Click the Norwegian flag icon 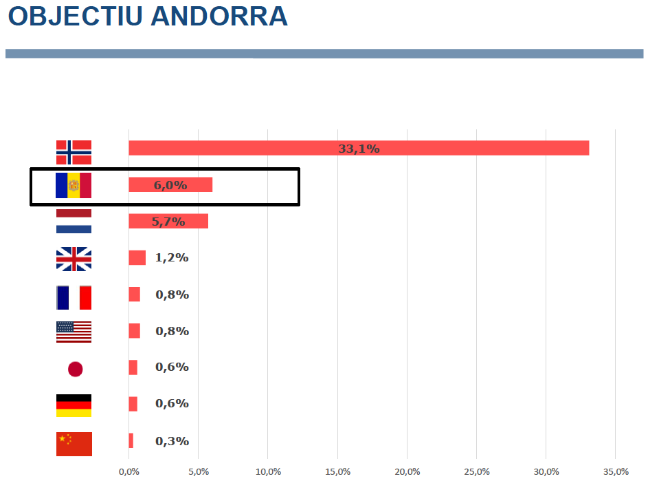pos(74,152)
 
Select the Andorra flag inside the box pos(74,185)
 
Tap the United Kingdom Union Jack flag pos(74,259)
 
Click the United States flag pos(74,332)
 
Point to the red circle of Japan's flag pos(75,370)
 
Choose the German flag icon pos(74,405)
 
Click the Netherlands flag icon pos(74,222)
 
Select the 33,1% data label pos(359,149)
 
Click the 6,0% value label pos(170,185)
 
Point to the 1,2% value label pos(172,258)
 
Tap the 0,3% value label pos(172,441)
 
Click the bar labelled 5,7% pos(168,222)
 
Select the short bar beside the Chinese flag pos(131,441)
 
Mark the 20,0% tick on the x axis pos(407,472)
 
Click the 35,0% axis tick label pos(616,472)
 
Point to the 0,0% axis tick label pos(129,472)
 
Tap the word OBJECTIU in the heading pos(75,17)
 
